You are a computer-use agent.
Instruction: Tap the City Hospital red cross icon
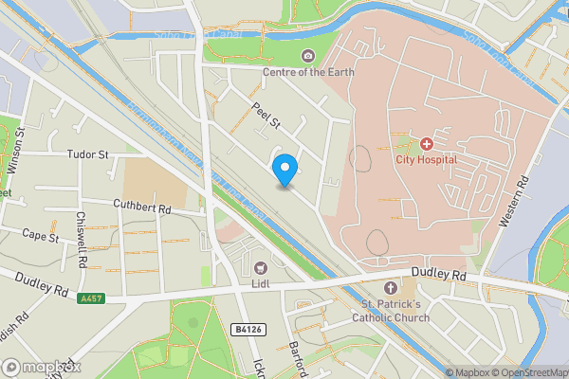tap(427, 144)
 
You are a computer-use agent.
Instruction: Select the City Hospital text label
tap(427, 159)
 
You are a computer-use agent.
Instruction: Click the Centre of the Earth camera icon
tap(307, 57)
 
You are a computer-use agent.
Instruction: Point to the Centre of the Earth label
tap(307, 72)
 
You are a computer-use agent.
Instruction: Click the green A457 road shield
tap(90, 298)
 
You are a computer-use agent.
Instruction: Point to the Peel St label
tap(266, 117)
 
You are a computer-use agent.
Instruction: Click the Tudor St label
tap(89, 153)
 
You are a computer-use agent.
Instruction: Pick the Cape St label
tap(41, 235)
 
